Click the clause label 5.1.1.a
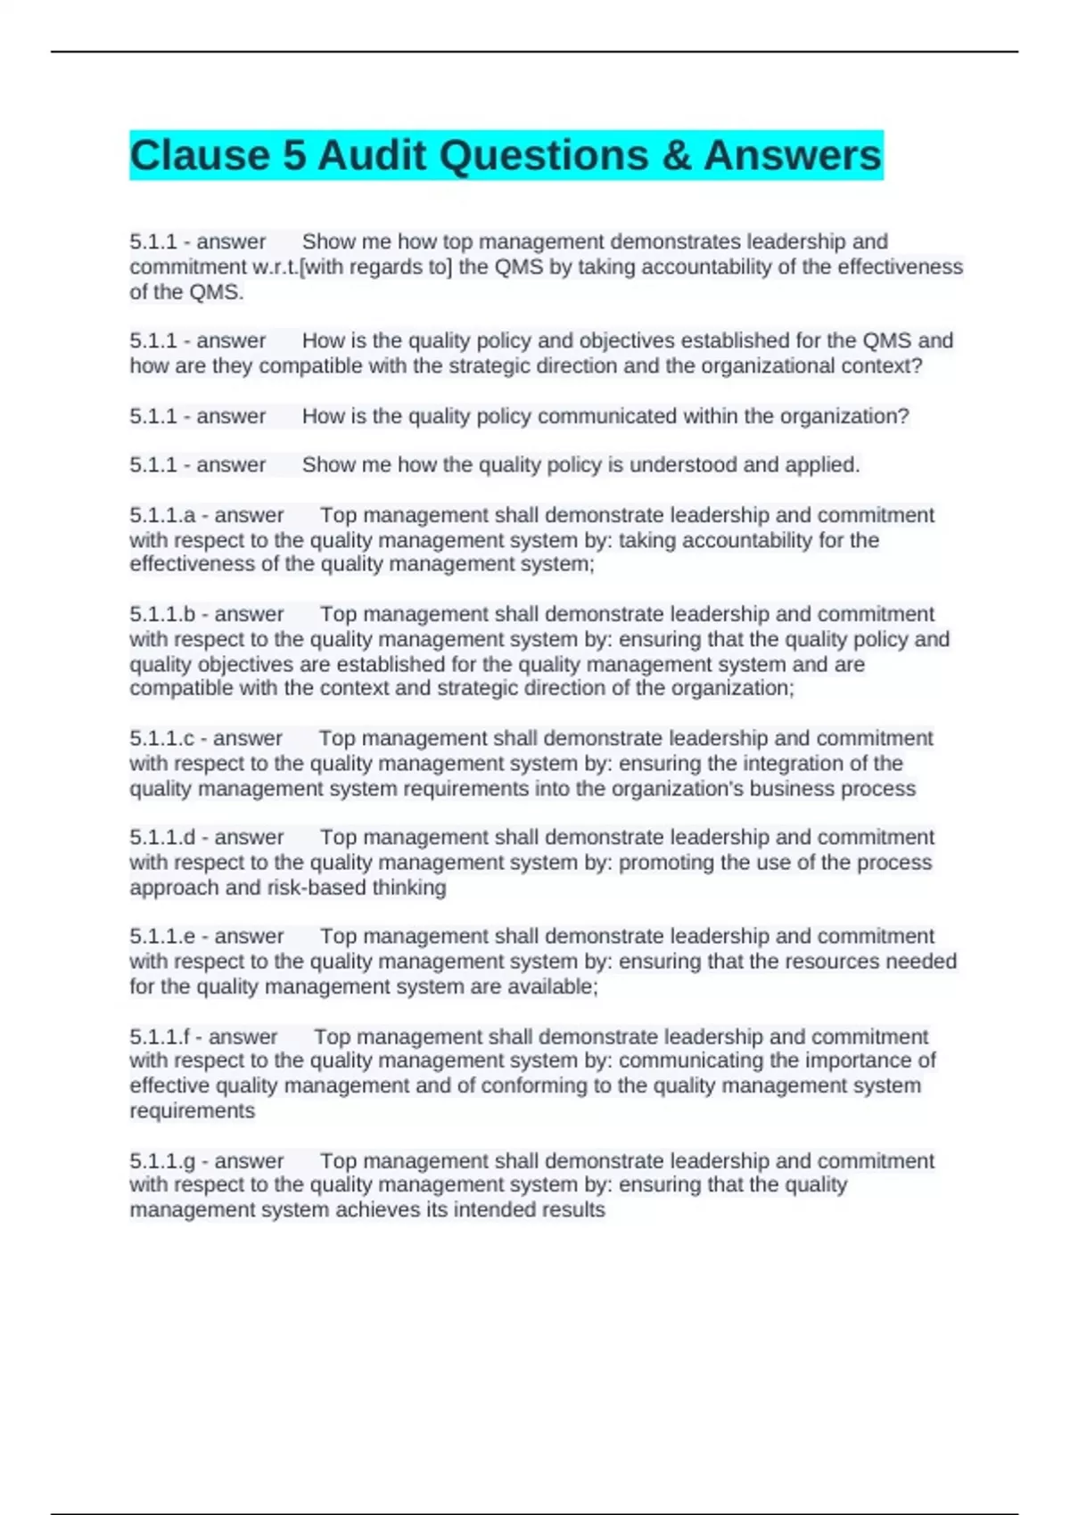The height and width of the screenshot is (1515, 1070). click(x=162, y=515)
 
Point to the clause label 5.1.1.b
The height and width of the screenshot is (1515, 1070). click(x=162, y=614)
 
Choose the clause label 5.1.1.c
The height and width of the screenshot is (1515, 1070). click(x=161, y=738)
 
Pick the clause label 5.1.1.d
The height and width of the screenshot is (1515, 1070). click(x=162, y=837)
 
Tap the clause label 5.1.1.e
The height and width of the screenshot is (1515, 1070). click(x=162, y=936)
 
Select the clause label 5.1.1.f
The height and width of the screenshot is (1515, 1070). click(x=160, y=1036)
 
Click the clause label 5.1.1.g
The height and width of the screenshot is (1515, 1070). click(x=162, y=1160)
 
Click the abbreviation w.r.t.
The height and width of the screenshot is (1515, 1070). click(x=275, y=266)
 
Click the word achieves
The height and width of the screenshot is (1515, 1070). click(x=380, y=1209)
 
